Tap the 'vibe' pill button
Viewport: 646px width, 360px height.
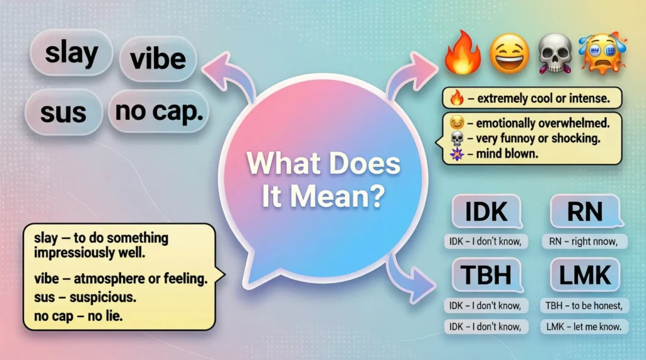click(x=158, y=59)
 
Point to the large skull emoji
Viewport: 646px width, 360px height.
click(x=555, y=54)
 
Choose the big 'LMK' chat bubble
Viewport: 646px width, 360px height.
click(x=584, y=275)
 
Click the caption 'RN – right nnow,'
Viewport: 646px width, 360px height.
click(x=584, y=240)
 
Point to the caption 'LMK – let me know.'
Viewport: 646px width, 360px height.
click(x=585, y=326)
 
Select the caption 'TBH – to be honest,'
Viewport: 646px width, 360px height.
click(x=585, y=306)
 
